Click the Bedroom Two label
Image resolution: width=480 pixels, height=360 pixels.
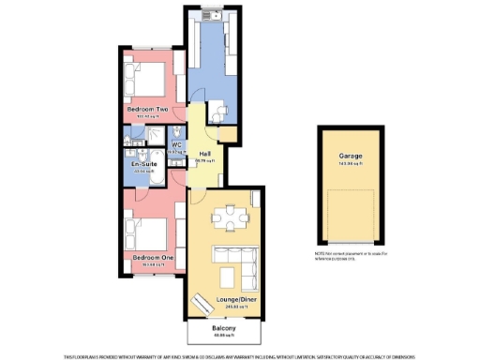(148, 110)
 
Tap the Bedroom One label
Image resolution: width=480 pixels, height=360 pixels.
(152, 256)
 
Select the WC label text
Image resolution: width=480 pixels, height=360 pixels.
(175, 144)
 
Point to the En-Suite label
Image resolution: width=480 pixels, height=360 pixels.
(144, 164)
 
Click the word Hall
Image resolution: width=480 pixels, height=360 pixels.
(204, 154)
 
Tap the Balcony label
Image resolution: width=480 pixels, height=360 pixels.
(223, 328)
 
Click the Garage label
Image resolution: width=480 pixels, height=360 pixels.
(351, 157)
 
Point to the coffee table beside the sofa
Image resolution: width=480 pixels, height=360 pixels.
(230, 276)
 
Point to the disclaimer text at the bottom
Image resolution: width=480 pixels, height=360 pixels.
(239, 355)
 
